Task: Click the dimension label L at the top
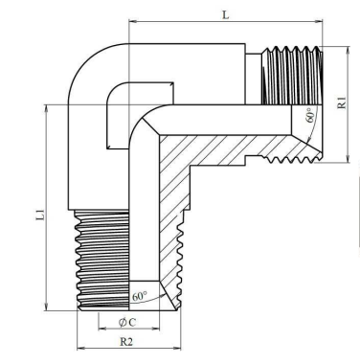coord(226,14)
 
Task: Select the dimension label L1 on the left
coord(39,215)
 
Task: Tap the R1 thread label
coord(342,102)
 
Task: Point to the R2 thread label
coord(126,342)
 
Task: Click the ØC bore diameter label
coord(127,323)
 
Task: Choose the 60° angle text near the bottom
coord(140,296)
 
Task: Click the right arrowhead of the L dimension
coord(319,21)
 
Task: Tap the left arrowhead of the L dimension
coord(132,21)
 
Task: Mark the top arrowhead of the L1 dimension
coord(47,108)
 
